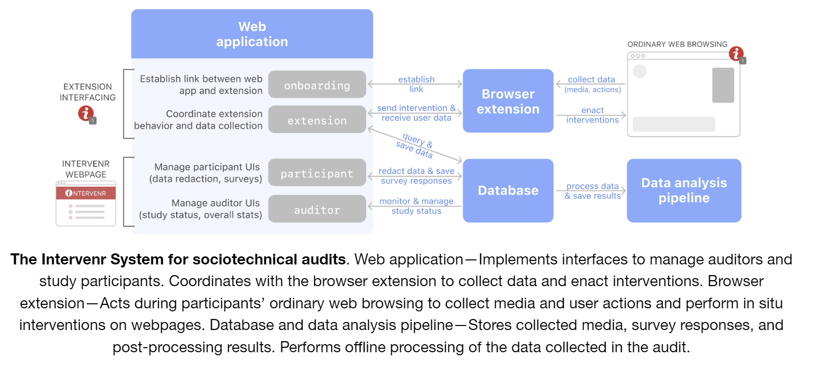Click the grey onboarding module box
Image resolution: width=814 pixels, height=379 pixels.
tap(317, 84)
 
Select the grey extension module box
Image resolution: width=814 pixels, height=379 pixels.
tap(317, 120)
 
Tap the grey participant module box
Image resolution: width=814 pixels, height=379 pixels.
tap(317, 173)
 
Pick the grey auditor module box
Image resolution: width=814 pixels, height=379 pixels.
tap(317, 209)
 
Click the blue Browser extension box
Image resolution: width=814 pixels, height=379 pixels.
tap(508, 101)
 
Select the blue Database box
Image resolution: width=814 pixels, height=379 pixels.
tap(508, 190)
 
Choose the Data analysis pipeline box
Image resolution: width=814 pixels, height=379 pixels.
tap(683, 190)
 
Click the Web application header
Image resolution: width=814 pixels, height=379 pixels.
tap(252, 34)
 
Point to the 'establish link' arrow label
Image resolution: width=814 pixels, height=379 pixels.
tap(416, 84)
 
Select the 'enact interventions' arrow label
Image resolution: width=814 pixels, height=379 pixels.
tap(592, 115)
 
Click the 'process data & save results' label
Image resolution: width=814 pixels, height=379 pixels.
tap(592, 191)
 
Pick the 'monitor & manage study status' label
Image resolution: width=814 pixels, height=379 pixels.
tap(416, 206)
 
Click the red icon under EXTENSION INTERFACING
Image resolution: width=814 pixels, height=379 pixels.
tap(86, 113)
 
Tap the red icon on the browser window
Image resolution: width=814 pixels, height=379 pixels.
tap(736, 53)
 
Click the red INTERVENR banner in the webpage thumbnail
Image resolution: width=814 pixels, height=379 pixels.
tap(86, 193)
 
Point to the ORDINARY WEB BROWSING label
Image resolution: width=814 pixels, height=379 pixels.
tap(677, 44)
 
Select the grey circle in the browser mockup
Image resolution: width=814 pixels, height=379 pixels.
tap(639, 71)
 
